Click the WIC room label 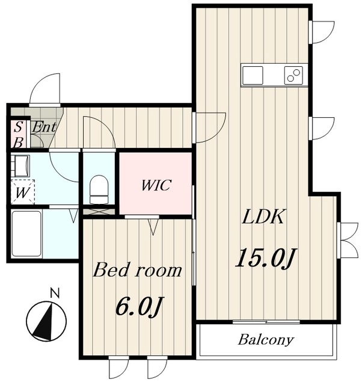[x=156, y=185]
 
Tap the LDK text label [x=263, y=217]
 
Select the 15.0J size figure [x=266, y=257]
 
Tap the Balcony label [x=266, y=340]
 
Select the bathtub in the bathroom [x=26, y=233]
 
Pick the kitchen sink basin [x=253, y=75]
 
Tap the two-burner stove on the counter [x=293, y=75]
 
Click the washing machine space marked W [x=23, y=192]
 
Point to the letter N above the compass [x=55, y=294]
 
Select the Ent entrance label [x=44, y=128]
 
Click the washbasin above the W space [x=20, y=166]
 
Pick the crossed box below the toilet [x=99, y=212]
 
